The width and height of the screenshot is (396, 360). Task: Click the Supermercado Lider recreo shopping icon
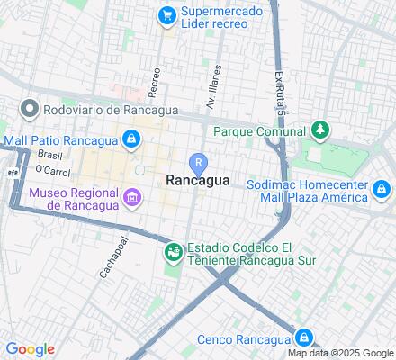point(166,15)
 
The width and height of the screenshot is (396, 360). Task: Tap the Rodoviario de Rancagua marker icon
point(29,110)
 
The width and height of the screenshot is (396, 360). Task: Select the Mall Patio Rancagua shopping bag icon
point(132,139)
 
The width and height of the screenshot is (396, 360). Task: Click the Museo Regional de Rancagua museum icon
point(132,197)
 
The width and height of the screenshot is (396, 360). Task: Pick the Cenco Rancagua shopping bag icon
point(304,338)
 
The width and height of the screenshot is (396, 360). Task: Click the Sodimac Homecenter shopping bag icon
point(382,189)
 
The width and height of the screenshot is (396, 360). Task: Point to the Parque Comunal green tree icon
point(318,131)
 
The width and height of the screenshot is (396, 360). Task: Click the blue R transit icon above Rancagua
point(198,163)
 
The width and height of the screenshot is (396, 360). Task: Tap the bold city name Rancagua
point(198,181)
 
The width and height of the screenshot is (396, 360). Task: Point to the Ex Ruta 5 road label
point(280,91)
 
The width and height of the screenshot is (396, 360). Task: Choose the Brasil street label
point(50,155)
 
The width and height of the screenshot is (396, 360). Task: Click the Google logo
point(30,349)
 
